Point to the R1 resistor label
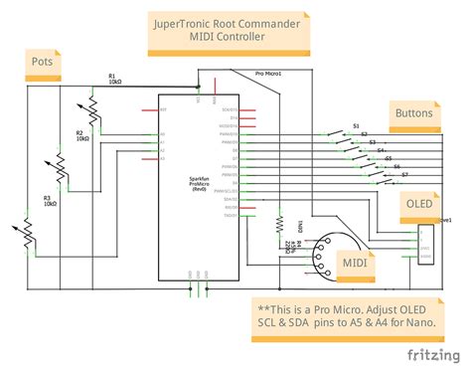pyautogui.click(x=112, y=78)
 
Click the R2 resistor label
pyautogui.click(x=79, y=135)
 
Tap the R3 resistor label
pyautogui.click(x=47, y=199)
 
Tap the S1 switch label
pyautogui.click(x=356, y=125)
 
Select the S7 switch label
pyautogui.click(x=404, y=176)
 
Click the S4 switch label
pyautogui.click(x=381, y=150)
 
